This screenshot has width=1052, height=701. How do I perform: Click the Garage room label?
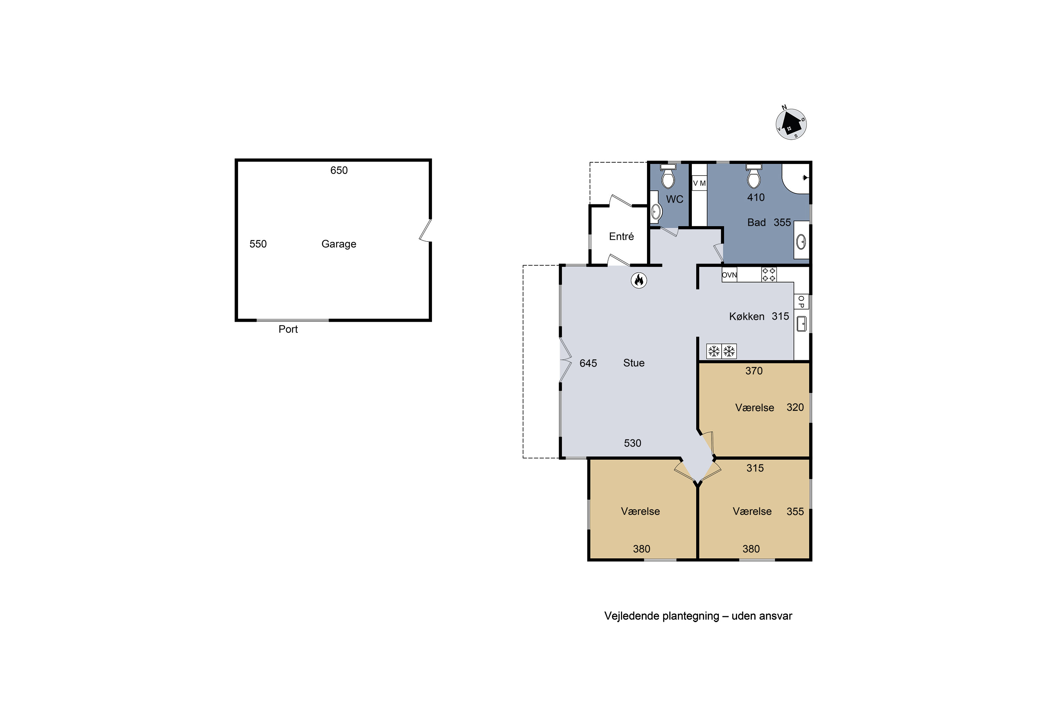[339, 244]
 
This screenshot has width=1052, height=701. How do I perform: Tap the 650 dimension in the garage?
[339, 170]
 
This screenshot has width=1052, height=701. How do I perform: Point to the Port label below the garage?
[288, 329]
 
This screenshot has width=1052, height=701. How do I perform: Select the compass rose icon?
[791, 124]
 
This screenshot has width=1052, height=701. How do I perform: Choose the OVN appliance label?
[729, 275]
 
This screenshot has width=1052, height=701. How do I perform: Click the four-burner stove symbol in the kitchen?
[769, 274]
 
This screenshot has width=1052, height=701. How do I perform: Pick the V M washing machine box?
[699, 183]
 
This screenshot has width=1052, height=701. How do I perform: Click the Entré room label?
[621, 237]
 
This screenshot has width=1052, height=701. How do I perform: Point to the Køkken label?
[747, 317]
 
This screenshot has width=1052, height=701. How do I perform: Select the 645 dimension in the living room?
[588, 363]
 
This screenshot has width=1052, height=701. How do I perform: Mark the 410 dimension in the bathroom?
[756, 198]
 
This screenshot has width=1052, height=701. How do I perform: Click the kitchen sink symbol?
[802, 324]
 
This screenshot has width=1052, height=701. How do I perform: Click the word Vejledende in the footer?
[632, 616]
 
